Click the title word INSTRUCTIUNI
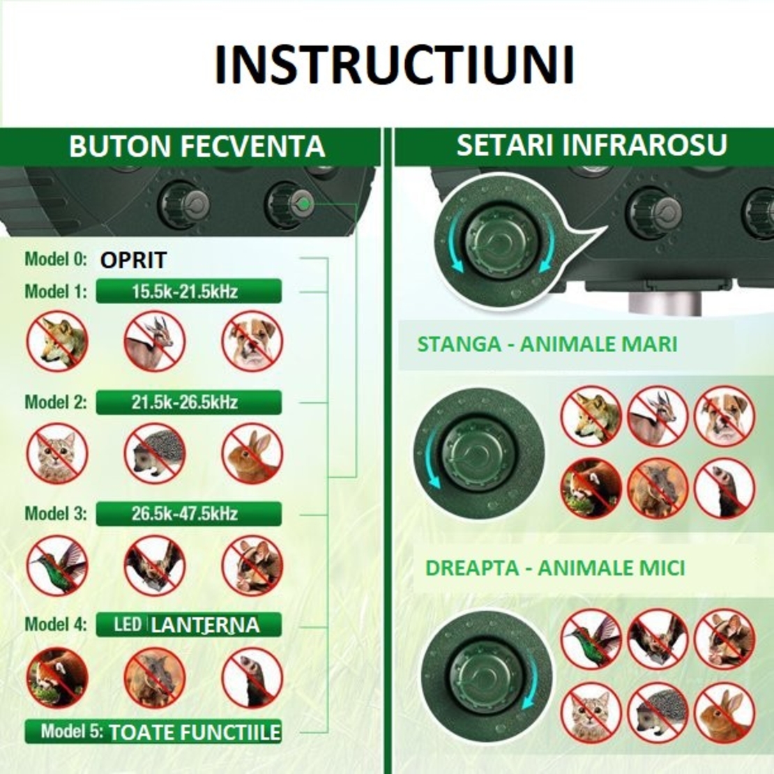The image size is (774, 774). (x=394, y=65)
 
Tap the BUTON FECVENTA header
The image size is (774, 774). (x=197, y=147)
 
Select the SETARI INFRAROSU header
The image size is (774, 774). (x=591, y=145)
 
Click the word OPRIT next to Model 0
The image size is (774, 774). (x=133, y=260)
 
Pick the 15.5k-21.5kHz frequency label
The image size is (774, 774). (x=188, y=291)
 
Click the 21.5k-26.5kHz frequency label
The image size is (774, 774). (x=188, y=402)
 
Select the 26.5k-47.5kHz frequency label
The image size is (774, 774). (x=188, y=514)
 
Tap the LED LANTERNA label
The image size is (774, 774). (x=188, y=624)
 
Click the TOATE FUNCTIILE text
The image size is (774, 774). (x=195, y=732)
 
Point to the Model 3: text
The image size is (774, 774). (x=56, y=514)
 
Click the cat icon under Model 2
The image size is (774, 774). (x=57, y=453)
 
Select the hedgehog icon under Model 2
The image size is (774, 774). (x=155, y=453)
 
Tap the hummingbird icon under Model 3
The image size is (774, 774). (x=57, y=565)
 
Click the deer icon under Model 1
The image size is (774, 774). (x=155, y=342)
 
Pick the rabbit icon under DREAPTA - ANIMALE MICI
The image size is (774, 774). (x=724, y=712)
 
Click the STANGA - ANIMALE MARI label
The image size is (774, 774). (x=547, y=344)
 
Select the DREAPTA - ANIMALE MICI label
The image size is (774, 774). (x=555, y=568)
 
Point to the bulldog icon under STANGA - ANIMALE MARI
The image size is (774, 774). (x=724, y=416)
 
